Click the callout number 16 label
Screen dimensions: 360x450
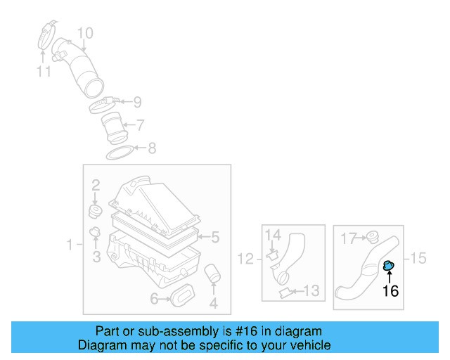click(390, 290)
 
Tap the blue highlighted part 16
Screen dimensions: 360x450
click(389, 266)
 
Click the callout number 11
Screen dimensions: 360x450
click(44, 71)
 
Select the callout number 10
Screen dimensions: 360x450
click(84, 32)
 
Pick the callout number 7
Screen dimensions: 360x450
click(140, 125)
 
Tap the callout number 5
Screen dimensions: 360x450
click(216, 237)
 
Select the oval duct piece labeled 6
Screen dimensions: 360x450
click(182, 296)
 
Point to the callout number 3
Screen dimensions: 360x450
click(96, 257)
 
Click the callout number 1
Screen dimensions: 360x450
click(70, 245)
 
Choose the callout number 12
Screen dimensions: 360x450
click(244, 259)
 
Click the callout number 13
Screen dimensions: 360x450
click(311, 290)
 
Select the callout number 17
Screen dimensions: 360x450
click(349, 238)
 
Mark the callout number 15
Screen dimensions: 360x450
click(418, 258)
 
